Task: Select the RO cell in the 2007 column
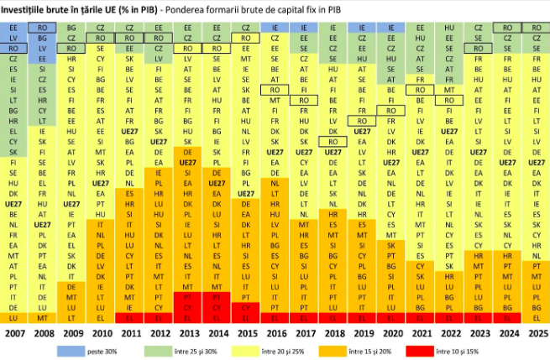pos(13,49)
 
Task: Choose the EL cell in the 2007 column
pos(13,132)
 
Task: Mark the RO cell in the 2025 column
pos(535,28)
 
